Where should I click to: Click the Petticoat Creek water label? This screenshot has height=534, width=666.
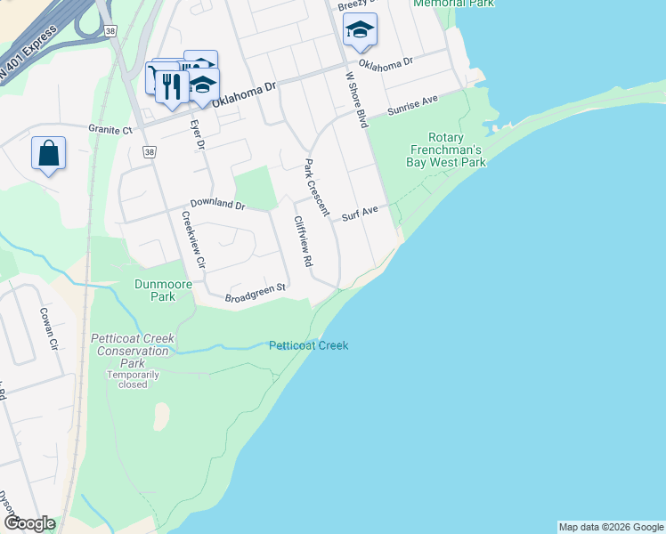coord(308,345)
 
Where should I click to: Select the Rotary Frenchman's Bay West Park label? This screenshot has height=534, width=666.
coord(456,150)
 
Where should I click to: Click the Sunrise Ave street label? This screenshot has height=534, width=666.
coord(412,106)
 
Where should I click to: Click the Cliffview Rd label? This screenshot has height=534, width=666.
coord(304,242)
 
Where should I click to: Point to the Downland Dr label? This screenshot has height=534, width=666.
coord(216,204)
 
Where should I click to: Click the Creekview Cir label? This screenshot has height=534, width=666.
coord(193,239)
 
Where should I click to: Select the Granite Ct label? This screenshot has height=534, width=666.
coord(110,128)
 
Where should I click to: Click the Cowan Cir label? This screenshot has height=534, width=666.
coord(48,329)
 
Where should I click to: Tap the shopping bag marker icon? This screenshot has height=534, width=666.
coord(48,153)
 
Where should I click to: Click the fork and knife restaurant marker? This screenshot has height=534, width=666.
coord(169,86)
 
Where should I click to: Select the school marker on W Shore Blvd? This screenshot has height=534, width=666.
coord(360,30)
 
